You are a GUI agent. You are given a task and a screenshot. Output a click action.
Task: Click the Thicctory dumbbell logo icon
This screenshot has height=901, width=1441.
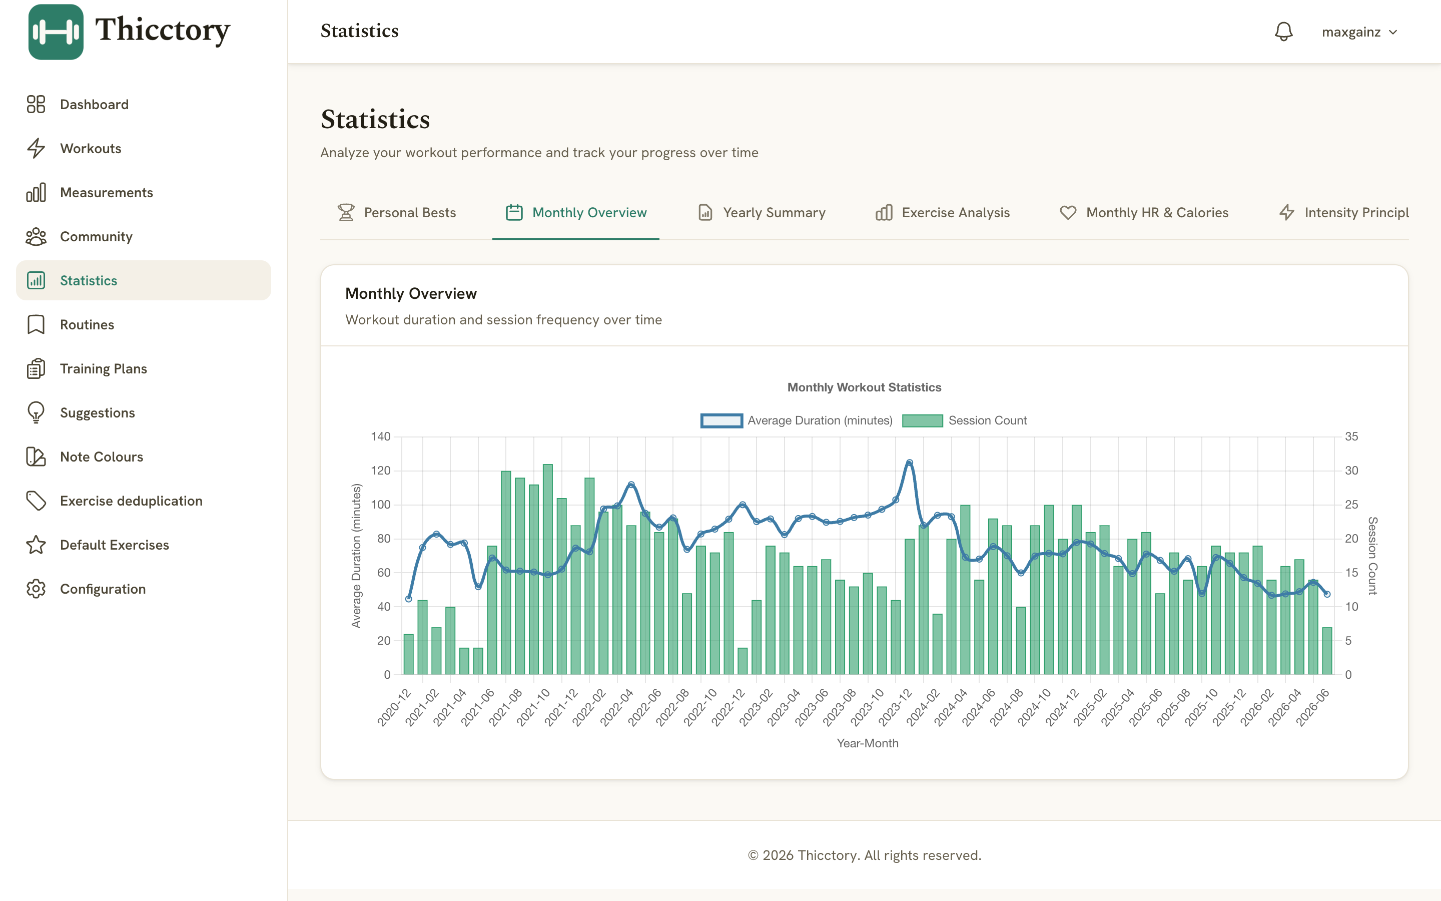tap(56, 32)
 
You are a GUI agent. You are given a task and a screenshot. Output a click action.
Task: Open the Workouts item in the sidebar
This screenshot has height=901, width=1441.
tap(91, 148)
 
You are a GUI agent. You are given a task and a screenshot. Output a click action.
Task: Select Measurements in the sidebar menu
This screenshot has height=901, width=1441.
tap(106, 193)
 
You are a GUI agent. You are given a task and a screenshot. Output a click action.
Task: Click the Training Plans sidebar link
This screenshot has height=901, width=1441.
tap(103, 369)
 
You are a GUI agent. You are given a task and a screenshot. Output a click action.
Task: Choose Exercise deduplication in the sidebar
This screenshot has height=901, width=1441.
tap(131, 501)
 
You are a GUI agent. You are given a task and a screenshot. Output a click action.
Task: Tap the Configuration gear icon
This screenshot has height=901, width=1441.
tap(36, 589)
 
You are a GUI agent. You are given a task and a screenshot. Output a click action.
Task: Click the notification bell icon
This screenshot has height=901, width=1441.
tap(1283, 32)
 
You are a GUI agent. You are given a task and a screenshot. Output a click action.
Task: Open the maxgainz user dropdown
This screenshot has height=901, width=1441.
tap(1359, 32)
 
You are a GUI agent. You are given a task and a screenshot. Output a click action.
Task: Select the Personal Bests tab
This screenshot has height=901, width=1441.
tap(397, 213)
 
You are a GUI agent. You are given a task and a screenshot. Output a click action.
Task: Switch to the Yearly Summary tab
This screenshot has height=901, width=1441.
tap(762, 213)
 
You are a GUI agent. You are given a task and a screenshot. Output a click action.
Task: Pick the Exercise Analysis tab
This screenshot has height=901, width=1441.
tap(943, 213)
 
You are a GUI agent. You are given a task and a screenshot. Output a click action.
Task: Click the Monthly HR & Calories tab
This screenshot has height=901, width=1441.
tap(1144, 213)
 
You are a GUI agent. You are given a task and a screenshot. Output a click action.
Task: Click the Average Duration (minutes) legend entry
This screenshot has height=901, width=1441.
tap(797, 420)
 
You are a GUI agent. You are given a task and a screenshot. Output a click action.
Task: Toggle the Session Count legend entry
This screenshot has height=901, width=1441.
tap(965, 420)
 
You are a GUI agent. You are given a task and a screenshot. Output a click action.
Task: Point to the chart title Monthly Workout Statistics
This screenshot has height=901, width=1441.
tap(865, 387)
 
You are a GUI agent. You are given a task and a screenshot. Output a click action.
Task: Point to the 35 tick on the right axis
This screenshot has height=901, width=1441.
tap(1351, 437)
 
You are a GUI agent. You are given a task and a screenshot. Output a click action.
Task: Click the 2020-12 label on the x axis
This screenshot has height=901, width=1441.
tap(394, 708)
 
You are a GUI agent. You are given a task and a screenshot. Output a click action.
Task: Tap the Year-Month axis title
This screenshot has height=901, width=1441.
tap(868, 743)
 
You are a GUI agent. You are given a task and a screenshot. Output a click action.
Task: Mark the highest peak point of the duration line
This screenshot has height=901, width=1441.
tap(909, 463)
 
